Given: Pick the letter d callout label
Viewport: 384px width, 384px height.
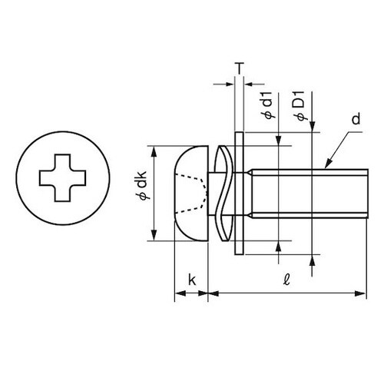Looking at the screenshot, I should (356, 121).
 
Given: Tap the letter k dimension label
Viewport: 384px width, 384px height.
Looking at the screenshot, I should (192, 280).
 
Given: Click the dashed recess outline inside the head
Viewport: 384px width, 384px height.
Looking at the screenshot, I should (196, 192).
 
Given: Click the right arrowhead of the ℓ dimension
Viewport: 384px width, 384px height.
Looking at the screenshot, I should (359, 293).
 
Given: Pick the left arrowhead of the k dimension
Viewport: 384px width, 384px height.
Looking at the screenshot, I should (177, 293).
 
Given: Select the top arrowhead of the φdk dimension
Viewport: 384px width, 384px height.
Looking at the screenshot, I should (155, 150).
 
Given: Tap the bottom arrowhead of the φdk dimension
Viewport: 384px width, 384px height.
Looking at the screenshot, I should (155, 237).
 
